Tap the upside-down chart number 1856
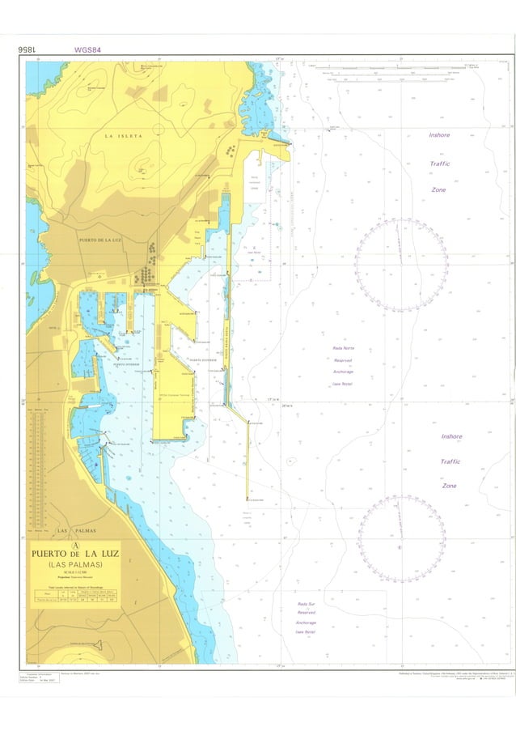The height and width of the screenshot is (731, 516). pyautogui.click(x=28, y=49)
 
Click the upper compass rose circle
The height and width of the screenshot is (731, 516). pyautogui.click(x=401, y=264)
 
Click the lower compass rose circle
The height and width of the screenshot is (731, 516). pyautogui.click(x=401, y=538)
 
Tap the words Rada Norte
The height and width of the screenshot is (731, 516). pyautogui.click(x=343, y=348)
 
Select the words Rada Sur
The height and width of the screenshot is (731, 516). pyautogui.click(x=306, y=603)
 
